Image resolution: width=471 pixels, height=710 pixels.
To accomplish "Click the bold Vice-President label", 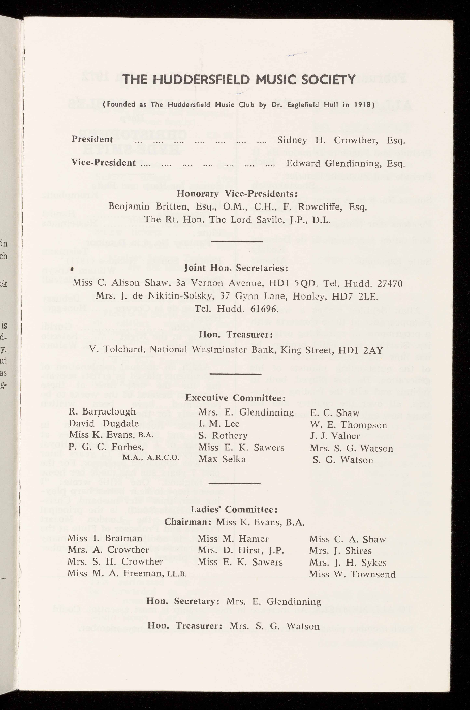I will click(103, 163).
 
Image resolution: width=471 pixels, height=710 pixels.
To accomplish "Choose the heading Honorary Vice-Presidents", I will click(236, 194).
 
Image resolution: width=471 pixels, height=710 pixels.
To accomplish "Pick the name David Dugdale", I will click(104, 423).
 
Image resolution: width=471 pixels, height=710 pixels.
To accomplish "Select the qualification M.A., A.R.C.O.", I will click(151, 457).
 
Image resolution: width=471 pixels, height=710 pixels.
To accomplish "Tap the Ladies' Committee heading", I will click(234, 510).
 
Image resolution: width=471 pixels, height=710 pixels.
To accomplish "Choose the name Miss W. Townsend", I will click(352, 574).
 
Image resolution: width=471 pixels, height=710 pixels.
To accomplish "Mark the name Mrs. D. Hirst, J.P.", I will click(240, 550).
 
